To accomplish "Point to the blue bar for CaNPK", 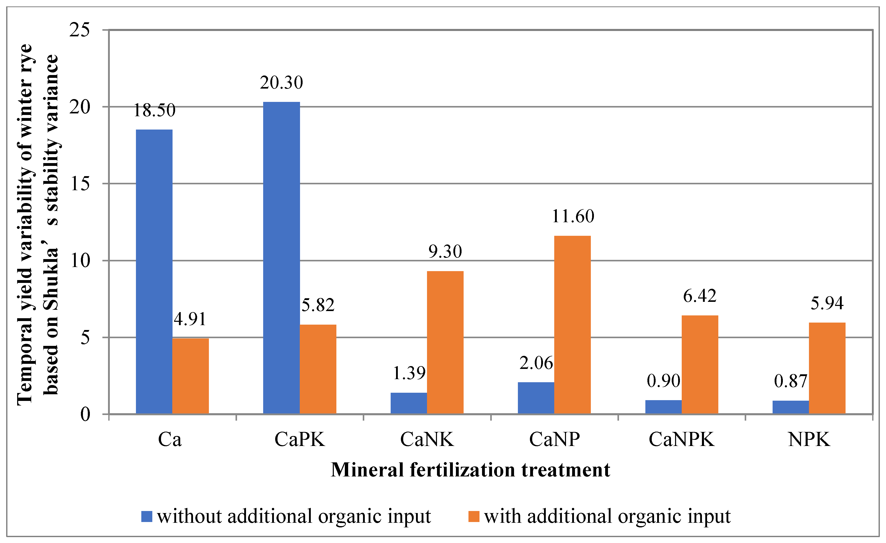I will pos(664,407).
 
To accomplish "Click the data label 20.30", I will pos(282,83).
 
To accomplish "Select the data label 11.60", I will pos(573,216).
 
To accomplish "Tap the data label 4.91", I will pos(190,319).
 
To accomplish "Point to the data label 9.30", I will pos(445,251).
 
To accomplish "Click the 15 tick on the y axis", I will pos(80,184).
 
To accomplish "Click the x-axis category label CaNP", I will pos(554,439).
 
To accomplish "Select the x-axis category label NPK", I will pos(809,439).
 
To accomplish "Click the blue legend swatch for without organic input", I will pos(147,516).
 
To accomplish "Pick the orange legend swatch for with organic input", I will pos(474,516).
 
